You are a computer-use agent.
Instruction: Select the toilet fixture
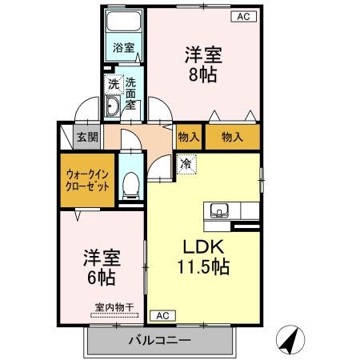(x=130, y=186)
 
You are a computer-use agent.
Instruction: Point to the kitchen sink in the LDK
(x=219, y=211)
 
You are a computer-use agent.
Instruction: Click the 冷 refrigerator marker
(x=186, y=165)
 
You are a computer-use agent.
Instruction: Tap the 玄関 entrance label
(x=87, y=136)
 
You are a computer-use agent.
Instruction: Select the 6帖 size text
(x=102, y=278)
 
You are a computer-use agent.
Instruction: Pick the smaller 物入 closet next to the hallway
(x=189, y=137)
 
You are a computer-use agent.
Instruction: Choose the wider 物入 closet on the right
(x=232, y=137)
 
